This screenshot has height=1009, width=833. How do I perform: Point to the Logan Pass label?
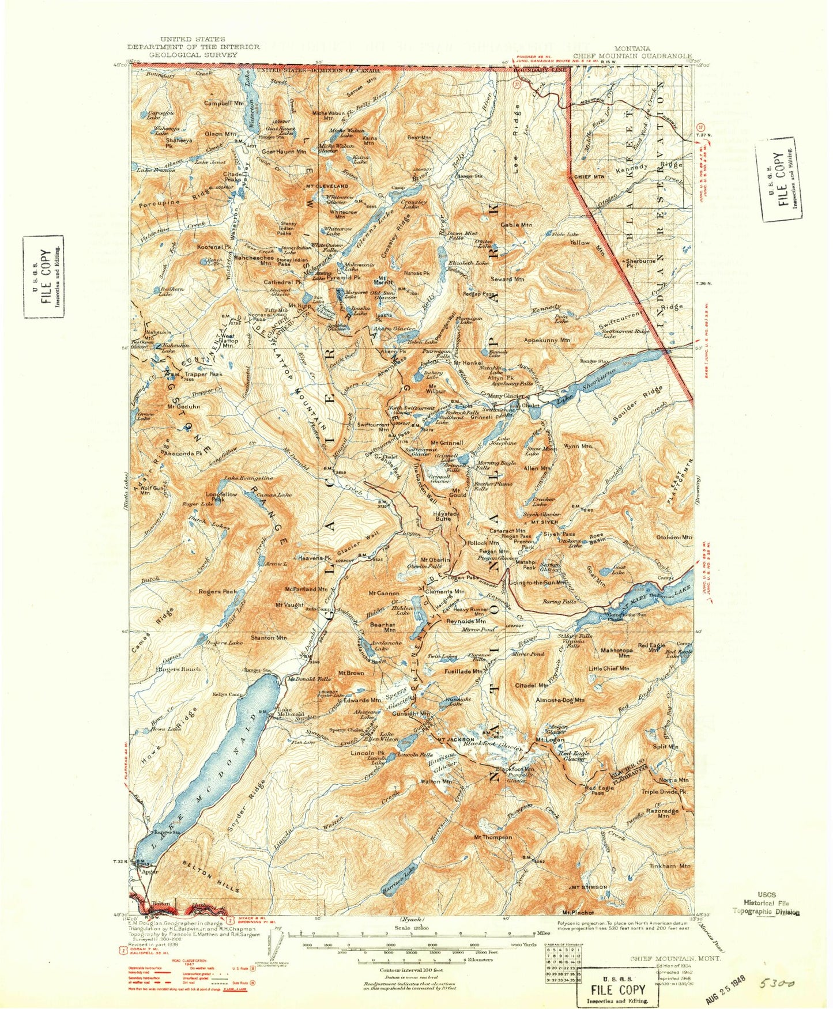click(x=463, y=577)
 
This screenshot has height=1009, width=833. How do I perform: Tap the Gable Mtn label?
click(x=517, y=225)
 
